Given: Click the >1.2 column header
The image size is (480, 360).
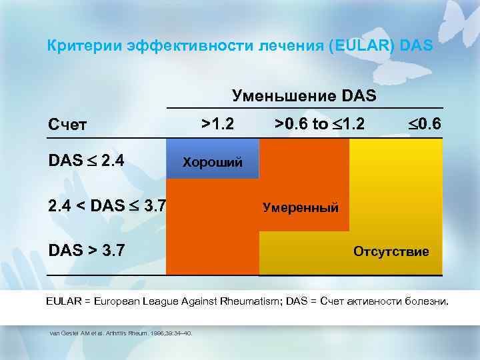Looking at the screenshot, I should [218, 123].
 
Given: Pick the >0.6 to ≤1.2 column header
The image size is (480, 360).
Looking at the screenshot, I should [319, 123].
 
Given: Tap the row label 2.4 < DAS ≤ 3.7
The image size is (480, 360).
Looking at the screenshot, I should [105, 207].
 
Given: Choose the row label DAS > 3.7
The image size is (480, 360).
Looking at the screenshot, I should [85, 252].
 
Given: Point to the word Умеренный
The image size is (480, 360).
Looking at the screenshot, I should [301, 207].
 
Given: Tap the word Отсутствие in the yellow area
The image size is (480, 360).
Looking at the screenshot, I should [391, 252].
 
